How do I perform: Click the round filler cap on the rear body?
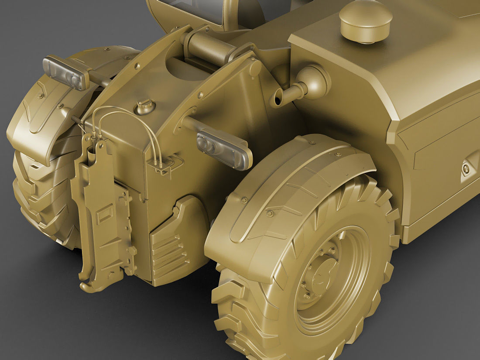tap(144, 106)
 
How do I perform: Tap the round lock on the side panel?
tap(466, 168)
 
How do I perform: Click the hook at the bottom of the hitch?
tap(92, 285)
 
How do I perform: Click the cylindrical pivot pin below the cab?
tap(207, 45)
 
